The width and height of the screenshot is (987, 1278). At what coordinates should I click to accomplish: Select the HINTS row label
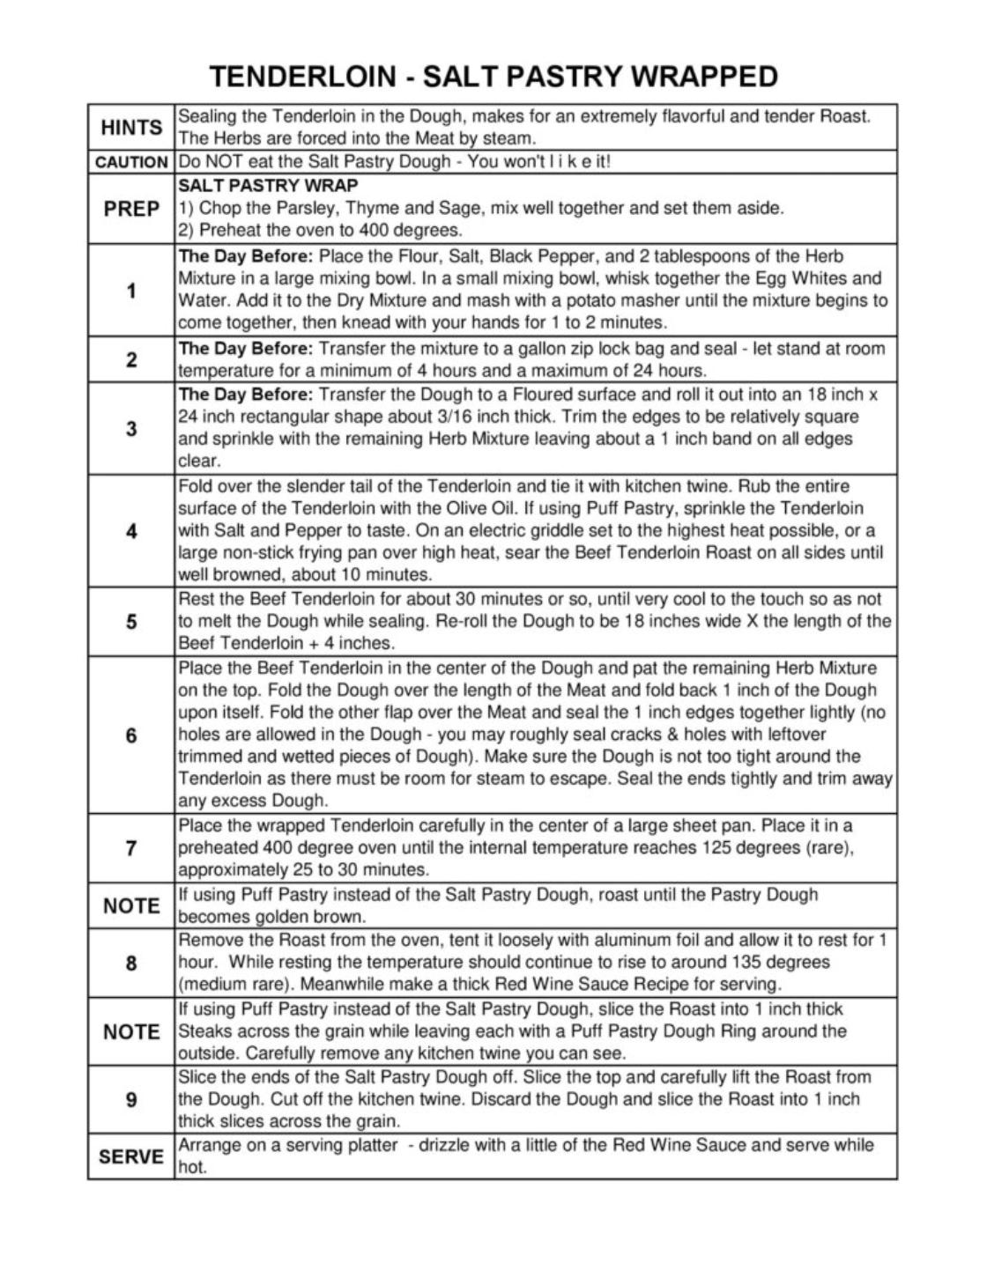[131, 128]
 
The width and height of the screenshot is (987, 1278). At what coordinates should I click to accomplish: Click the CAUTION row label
[131, 163]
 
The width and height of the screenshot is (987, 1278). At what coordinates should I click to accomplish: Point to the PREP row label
[131, 209]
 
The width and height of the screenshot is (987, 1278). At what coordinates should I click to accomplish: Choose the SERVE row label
[131, 1156]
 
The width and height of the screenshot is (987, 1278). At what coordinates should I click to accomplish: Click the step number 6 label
[131, 735]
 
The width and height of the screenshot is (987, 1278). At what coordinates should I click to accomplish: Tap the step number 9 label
[131, 1099]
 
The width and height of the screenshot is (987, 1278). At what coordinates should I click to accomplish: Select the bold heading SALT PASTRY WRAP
[268, 186]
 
